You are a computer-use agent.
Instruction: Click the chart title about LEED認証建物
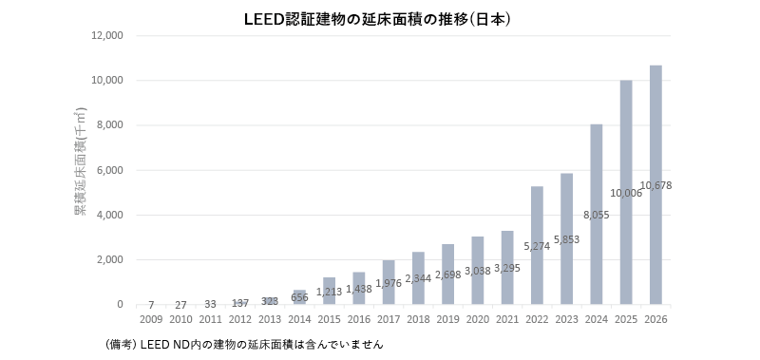[x=377, y=19]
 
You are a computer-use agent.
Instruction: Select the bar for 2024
[x=597, y=214]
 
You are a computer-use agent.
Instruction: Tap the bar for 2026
[x=655, y=184]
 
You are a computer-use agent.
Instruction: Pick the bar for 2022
[x=537, y=245]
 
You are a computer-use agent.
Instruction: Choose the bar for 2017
[x=389, y=282]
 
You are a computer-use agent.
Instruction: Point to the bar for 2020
[x=478, y=271]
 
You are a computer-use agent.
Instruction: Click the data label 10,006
[x=626, y=194]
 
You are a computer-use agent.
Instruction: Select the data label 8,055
[x=597, y=215]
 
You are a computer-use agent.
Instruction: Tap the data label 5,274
[x=537, y=246]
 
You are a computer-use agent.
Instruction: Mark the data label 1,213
[x=329, y=292]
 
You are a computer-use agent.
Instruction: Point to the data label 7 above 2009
[x=151, y=305]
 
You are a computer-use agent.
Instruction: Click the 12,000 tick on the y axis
[x=107, y=36]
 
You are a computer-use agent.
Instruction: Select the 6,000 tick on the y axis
[x=110, y=170]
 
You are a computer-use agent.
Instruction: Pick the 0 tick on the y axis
[x=120, y=304]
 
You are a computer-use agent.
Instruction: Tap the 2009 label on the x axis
[x=151, y=320]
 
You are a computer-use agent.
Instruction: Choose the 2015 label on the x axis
[x=329, y=320]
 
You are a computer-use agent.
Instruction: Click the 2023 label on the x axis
[x=566, y=320]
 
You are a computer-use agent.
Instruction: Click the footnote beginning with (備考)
[x=243, y=345]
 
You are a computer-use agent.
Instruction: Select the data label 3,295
[x=507, y=268]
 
